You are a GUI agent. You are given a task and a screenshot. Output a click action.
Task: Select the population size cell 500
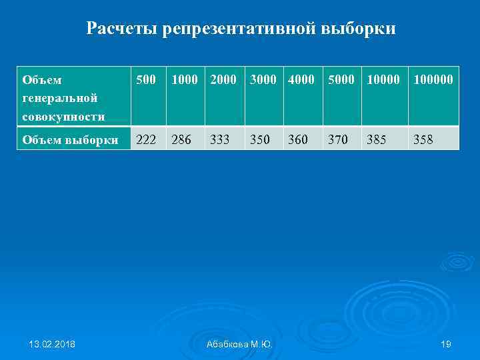[x=146, y=80]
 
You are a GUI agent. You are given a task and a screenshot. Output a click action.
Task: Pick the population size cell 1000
[x=185, y=80]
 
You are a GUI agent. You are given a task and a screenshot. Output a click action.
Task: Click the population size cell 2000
[x=223, y=80]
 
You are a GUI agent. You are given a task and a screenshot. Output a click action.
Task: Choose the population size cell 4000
[x=301, y=80]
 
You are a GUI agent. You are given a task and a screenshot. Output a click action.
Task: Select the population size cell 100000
[x=433, y=80]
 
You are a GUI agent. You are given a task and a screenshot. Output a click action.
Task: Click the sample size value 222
[x=147, y=139]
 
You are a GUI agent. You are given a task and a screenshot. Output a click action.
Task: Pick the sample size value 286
[x=182, y=139]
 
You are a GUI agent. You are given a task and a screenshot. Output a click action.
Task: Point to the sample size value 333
[x=220, y=139]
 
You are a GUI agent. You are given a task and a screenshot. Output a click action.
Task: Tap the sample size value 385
[x=375, y=139]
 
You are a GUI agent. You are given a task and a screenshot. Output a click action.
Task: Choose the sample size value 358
[x=423, y=139]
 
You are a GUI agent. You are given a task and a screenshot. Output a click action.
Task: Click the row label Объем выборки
[x=70, y=139]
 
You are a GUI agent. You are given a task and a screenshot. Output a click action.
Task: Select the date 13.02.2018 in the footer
[x=52, y=344]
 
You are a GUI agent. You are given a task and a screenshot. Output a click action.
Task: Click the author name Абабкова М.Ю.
[x=239, y=344]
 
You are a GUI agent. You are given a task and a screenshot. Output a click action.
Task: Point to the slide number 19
[x=446, y=344]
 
